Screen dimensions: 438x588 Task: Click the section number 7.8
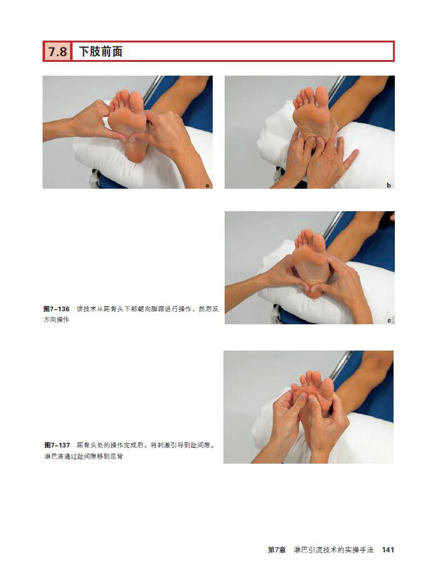58,51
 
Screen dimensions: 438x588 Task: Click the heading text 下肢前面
101,51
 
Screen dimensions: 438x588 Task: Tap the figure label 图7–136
57,309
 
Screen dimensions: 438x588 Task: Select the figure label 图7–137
57,445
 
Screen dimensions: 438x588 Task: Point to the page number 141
388,550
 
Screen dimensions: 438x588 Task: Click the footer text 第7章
277,550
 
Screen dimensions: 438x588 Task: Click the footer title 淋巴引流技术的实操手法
334,550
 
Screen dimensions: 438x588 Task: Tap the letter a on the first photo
207,185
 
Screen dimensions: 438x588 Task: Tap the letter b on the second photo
389,185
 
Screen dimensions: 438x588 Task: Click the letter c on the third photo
389,321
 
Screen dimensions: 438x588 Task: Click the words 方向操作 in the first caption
56,320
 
